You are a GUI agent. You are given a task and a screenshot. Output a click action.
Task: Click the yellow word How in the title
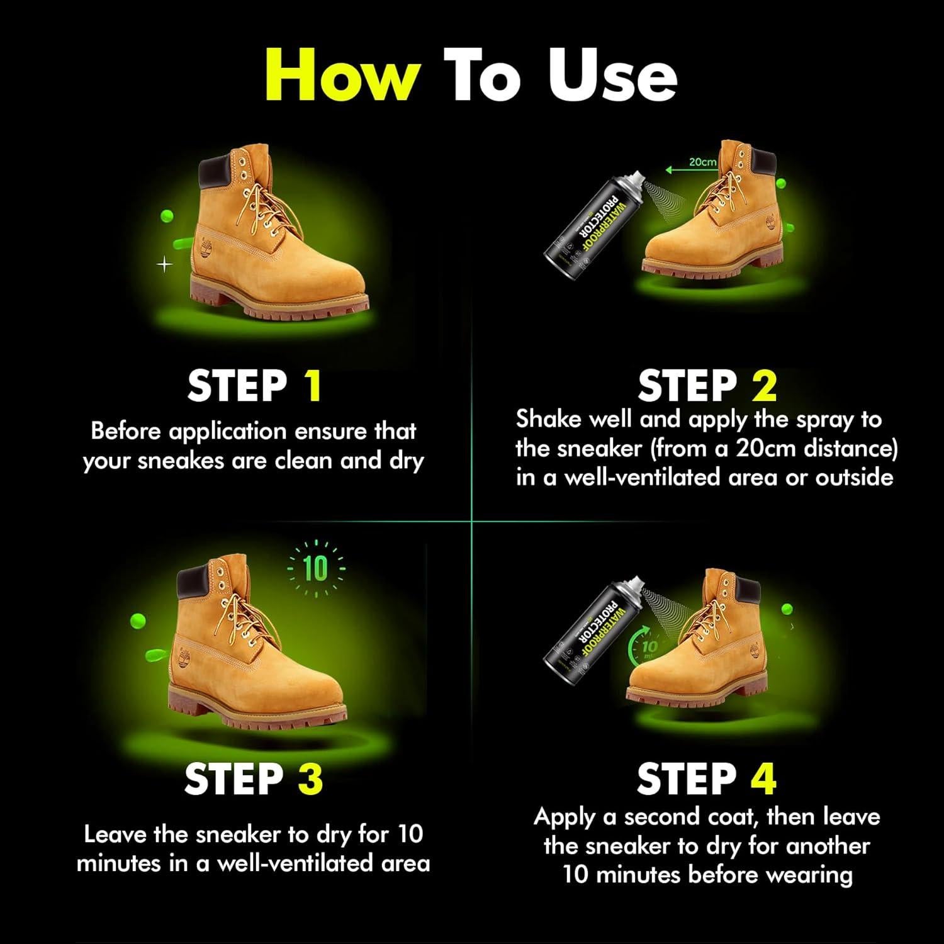(x=342, y=74)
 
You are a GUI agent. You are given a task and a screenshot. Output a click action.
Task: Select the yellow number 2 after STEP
(x=763, y=386)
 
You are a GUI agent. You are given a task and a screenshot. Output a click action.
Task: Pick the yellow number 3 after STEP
(x=310, y=779)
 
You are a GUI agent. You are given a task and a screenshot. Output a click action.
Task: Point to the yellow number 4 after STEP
(x=763, y=779)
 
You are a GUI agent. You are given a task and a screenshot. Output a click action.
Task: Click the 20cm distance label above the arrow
(x=702, y=162)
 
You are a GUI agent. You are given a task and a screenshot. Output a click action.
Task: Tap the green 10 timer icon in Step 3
(x=316, y=569)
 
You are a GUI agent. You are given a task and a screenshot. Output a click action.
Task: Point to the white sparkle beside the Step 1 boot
(x=164, y=265)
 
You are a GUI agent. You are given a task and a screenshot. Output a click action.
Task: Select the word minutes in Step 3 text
(x=118, y=863)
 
